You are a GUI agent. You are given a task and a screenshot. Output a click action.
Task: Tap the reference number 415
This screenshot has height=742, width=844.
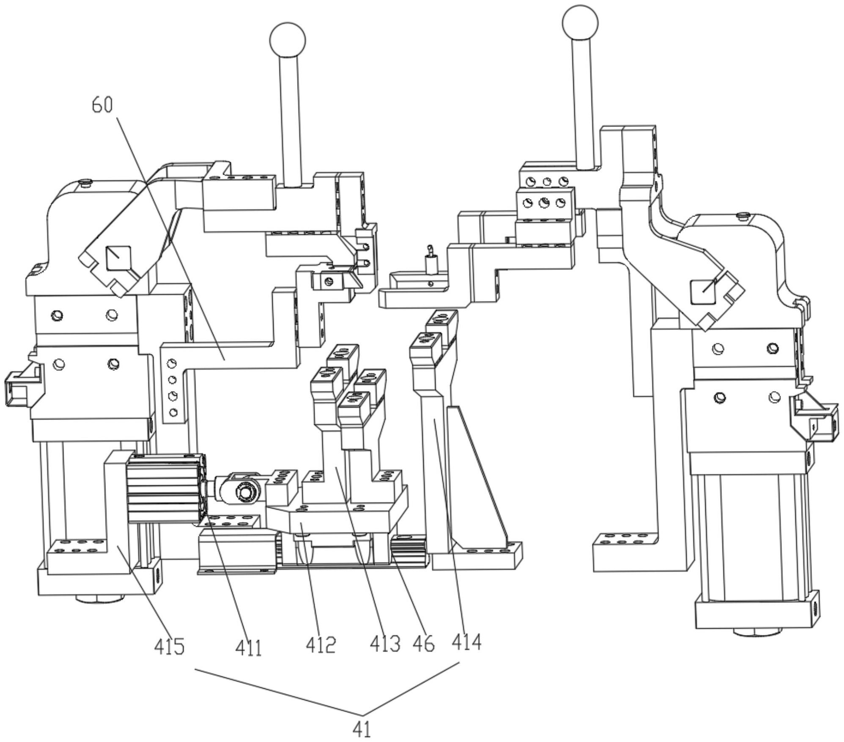coord(169,646)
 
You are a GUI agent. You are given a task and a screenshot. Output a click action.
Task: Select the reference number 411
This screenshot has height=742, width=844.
coord(249,647)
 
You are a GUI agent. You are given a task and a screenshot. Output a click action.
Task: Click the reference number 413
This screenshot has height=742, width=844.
coord(385,644)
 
